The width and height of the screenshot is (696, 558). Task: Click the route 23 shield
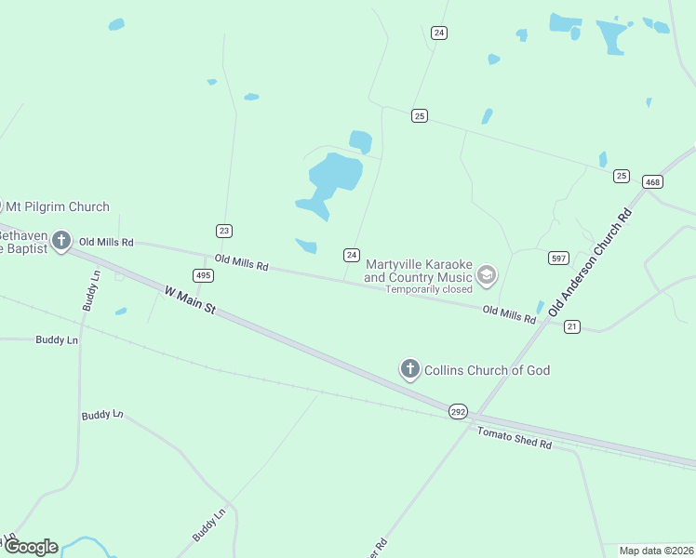(224, 231)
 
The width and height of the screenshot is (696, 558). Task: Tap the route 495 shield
(203, 275)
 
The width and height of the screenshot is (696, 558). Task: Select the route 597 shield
(558, 259)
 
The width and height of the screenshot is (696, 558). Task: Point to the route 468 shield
(652, 182)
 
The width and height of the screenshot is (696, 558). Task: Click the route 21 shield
(572, 326)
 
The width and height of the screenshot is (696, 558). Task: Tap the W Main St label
(190, 299)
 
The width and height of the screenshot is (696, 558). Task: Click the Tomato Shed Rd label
(515, 438)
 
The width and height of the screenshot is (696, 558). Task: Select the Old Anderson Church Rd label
(590, 264)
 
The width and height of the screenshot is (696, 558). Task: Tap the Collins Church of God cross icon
(409, 369)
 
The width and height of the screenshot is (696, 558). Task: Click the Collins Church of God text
(487, 370)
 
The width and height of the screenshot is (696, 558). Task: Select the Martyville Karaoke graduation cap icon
(486, 275)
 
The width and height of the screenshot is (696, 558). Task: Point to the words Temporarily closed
(430, 289)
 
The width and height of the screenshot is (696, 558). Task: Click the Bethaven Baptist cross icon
(61, 242)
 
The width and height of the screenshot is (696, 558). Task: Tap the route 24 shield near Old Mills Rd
(352, 255)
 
